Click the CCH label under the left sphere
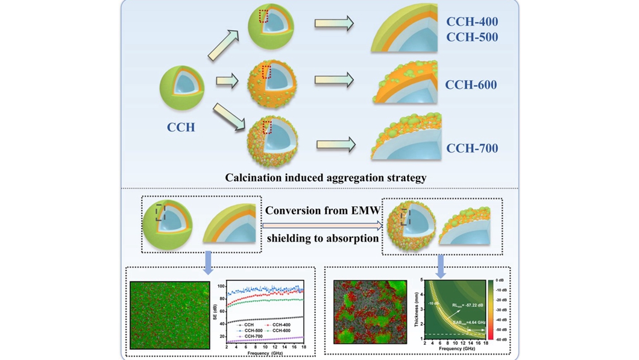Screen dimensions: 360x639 coord(181,127)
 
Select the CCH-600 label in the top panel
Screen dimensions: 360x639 coord(471,85)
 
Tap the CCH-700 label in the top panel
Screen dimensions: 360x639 coord(472,148)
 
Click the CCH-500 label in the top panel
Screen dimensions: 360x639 coord(472,37)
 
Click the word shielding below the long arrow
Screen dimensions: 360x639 coord(292,238)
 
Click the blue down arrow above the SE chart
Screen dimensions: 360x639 coord(208,259)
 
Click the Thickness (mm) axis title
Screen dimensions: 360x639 coord(415,310)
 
